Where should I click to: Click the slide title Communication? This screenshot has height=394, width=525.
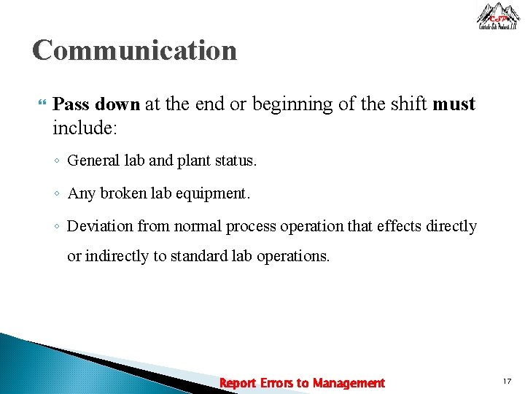[x=135, y=51]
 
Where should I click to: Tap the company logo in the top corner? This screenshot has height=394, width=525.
[x=498, y=16]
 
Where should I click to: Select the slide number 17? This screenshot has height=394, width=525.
[x=507, y=382]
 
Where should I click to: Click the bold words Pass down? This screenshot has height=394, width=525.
[x=96, y=104]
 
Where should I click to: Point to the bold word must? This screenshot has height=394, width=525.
[x=454, y=104]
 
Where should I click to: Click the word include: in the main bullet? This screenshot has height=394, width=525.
[x=85, y=129]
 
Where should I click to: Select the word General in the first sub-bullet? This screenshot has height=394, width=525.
[x=92, y=161]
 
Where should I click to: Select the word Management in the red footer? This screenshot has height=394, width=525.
[x=349, y=383]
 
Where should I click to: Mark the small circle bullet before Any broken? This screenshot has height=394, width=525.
[x=57, y=194]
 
